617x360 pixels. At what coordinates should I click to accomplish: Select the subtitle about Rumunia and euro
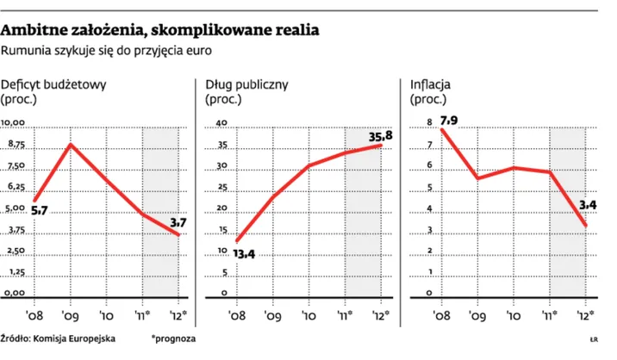(x=108, y=51)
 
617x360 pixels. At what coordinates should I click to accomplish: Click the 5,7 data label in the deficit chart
(x=39, y=209)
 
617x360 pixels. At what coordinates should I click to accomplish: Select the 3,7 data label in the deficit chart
(x=179, y=223)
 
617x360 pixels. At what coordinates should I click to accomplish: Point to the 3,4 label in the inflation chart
(x=589, y=204)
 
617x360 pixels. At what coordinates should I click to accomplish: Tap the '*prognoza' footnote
(x=173, y=338)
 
